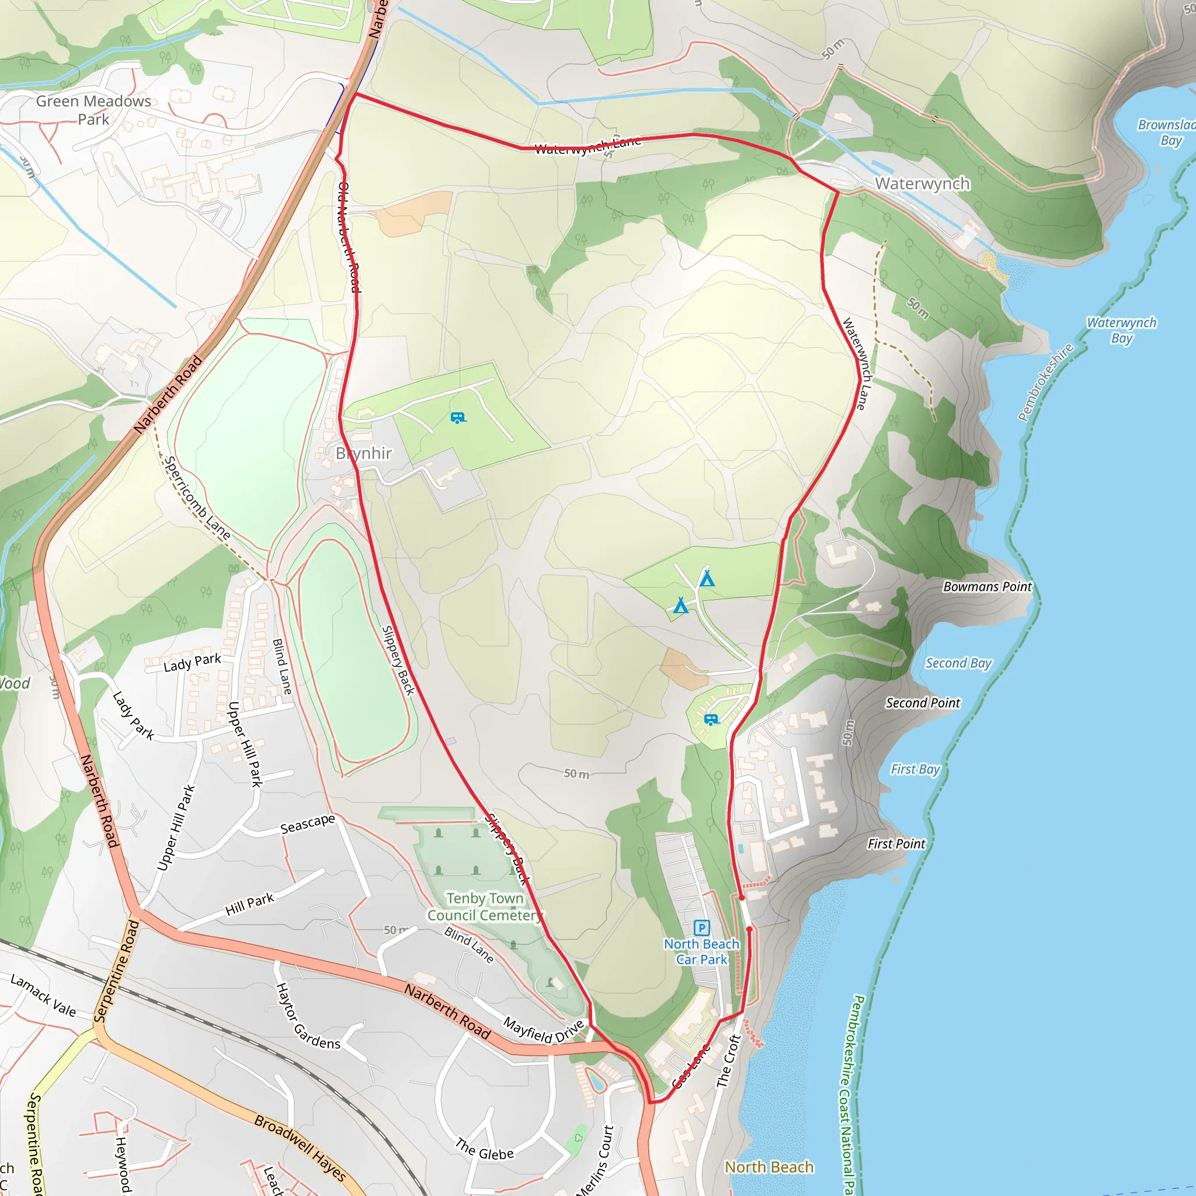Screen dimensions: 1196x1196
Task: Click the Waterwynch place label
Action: tap(922, 184)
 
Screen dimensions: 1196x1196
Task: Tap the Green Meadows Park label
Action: tap(93, 110)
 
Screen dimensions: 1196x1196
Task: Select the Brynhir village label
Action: tap(364, 454)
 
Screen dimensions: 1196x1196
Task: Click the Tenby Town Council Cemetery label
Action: tap(485, 907)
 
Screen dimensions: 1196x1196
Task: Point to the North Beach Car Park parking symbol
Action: tap(701, 927)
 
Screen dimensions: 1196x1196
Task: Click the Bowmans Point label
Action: tap(988, 587)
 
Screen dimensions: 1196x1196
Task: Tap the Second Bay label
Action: tap(958, 663)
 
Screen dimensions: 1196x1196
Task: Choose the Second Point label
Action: tap(922, 703)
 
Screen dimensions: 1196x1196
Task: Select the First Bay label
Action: tap(915, 769)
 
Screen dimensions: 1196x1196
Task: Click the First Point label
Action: tap(896, 844)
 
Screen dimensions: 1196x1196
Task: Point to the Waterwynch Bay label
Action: tap(1121, 330)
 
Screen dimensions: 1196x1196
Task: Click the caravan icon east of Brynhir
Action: tap(458, 418)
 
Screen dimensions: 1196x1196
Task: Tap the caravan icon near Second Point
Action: tap(711, 719)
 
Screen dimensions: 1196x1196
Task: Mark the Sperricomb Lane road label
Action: tap(197, 498)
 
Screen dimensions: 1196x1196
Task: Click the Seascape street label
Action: tap(308, 824)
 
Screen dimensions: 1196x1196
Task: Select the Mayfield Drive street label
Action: tap(544, 1031)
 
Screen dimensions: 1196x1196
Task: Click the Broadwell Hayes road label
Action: tap(300, 1147)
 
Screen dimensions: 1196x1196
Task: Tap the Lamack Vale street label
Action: tap(43, 996)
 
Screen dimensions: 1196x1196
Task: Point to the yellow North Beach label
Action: tap(769, 1167)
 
